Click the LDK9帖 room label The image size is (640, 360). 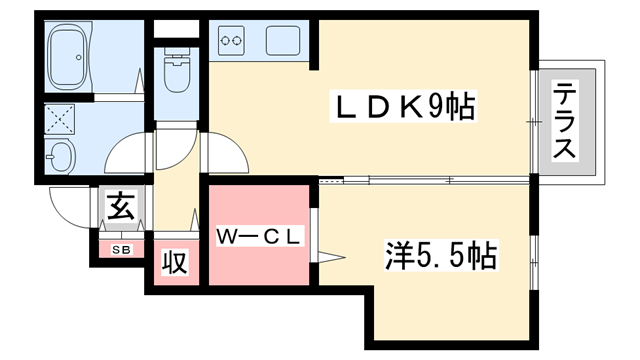pos(404,106)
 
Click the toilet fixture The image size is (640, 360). pos(178,74)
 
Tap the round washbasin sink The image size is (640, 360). pos(62,156)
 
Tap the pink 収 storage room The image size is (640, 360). pos(174,264)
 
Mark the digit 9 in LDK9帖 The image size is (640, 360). pos(438,106)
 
